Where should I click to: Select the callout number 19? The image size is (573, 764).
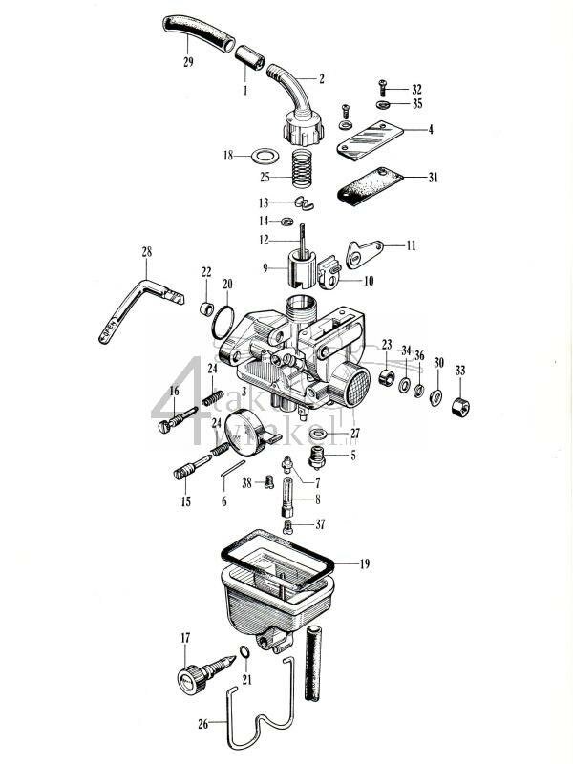(x=364, y=564)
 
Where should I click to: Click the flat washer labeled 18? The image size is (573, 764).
(x=265, y=154)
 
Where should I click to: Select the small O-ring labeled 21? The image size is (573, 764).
(x=244, y=652)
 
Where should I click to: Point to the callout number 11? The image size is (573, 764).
(x=411, y=245)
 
